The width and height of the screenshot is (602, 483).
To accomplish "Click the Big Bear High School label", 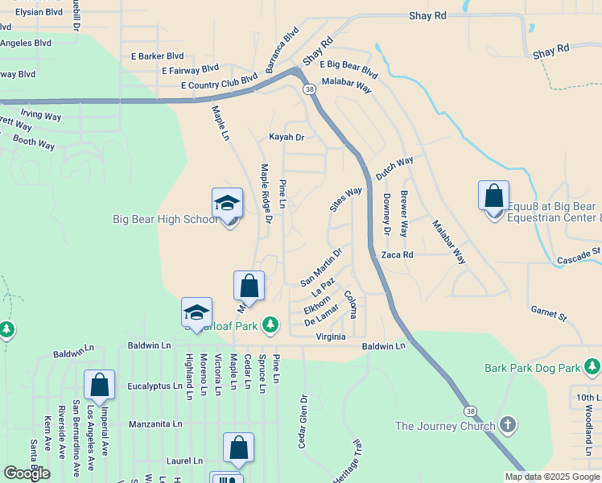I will pyautogui.click(x=164, y=219).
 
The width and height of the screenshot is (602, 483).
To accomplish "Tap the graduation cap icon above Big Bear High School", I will pyautogui.click(x=227, y=203).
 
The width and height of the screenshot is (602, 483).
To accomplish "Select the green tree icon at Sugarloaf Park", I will pyautogui.click(x=271, y=324).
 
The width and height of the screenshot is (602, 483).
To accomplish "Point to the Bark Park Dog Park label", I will pyautogui.click(x=532, y=368).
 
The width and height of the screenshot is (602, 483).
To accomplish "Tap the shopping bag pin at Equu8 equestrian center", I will pyautogui.click(x=493, y=196).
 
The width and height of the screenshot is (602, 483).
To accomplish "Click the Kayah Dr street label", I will pyautogui.click(x=287, y=138).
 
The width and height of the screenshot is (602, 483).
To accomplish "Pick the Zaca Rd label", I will pyautogui.click(x=397, y=254).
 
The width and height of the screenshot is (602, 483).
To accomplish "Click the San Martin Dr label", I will pyautogui.click(x=321, y=267).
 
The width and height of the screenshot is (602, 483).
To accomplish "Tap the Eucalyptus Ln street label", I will pyautogui.click(x=155, y=386).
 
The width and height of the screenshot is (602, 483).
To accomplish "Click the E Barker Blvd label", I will pyautogui.click(x=157, y=56).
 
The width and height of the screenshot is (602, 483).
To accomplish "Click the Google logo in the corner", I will pyautogui.click(x=27, y=473).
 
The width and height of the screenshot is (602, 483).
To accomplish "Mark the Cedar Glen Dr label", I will pyautogui.click(x=304, y=422).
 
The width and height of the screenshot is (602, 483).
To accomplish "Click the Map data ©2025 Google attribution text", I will pyautogui.click(x=551, y=477).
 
